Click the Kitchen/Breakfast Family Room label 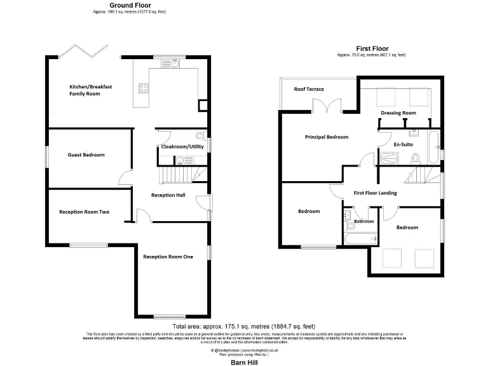(x=85, y=90)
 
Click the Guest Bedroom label (x=86, y=155)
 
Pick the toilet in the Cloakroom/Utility (x=200, y=136)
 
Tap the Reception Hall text (x=168, y=195)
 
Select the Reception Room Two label (x=84, y=212)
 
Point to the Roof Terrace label (x=308, y=90)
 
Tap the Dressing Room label (x=398, y=113)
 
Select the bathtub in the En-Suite (x=433, y=146)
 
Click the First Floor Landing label (x=375, y=193)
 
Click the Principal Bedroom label (x=327, y=137)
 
